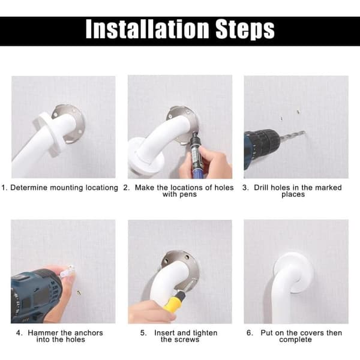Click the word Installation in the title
point(147,29)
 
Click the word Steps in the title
point(245,30)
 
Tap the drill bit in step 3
point(292,136)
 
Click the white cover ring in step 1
point(47,134)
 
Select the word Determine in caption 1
point(29,188)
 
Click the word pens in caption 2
point(188,194)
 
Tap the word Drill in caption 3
point(261,188)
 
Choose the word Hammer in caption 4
point(43,333)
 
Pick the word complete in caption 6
point(295,340)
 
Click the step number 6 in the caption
point(249,333)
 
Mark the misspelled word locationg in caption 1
point(102,188)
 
